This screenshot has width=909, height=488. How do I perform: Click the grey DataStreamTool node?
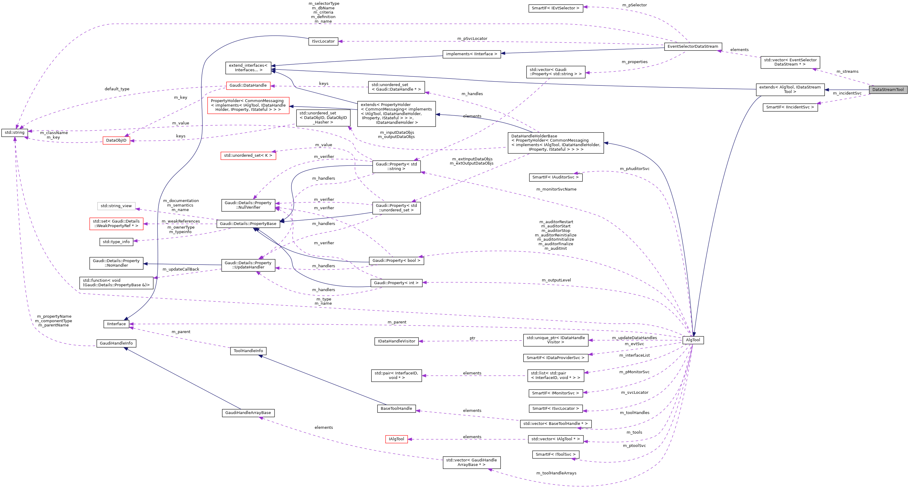coord(888,90)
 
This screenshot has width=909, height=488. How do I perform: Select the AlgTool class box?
coord(693,340)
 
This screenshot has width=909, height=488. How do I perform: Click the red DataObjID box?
coord(116,140)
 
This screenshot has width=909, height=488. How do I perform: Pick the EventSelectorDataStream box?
coord(693,47)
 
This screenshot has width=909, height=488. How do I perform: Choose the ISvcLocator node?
coord(323,41)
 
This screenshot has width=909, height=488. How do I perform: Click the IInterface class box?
coord(116,324)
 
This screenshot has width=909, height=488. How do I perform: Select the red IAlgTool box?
coord(396,439)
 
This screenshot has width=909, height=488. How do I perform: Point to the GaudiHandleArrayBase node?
coord(248,413)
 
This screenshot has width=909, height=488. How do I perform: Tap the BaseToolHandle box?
coord(396,409)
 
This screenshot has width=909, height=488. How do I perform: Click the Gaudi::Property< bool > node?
coord(396,261)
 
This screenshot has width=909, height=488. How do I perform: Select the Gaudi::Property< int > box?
coord(396,283)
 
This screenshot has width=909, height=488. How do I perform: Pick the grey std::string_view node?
coord(116,206)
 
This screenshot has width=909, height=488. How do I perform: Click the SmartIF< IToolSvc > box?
coord(555,454)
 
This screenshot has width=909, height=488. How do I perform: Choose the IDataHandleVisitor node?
coord(396,341)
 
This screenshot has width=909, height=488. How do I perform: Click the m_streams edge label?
coord(847,72)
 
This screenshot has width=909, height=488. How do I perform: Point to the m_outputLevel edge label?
coord(556,280)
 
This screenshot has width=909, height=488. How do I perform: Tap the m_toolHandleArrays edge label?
coord(556,473)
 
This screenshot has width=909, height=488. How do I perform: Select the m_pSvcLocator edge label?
coord(472,38)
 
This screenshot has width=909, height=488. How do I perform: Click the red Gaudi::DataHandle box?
coord(248,85)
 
